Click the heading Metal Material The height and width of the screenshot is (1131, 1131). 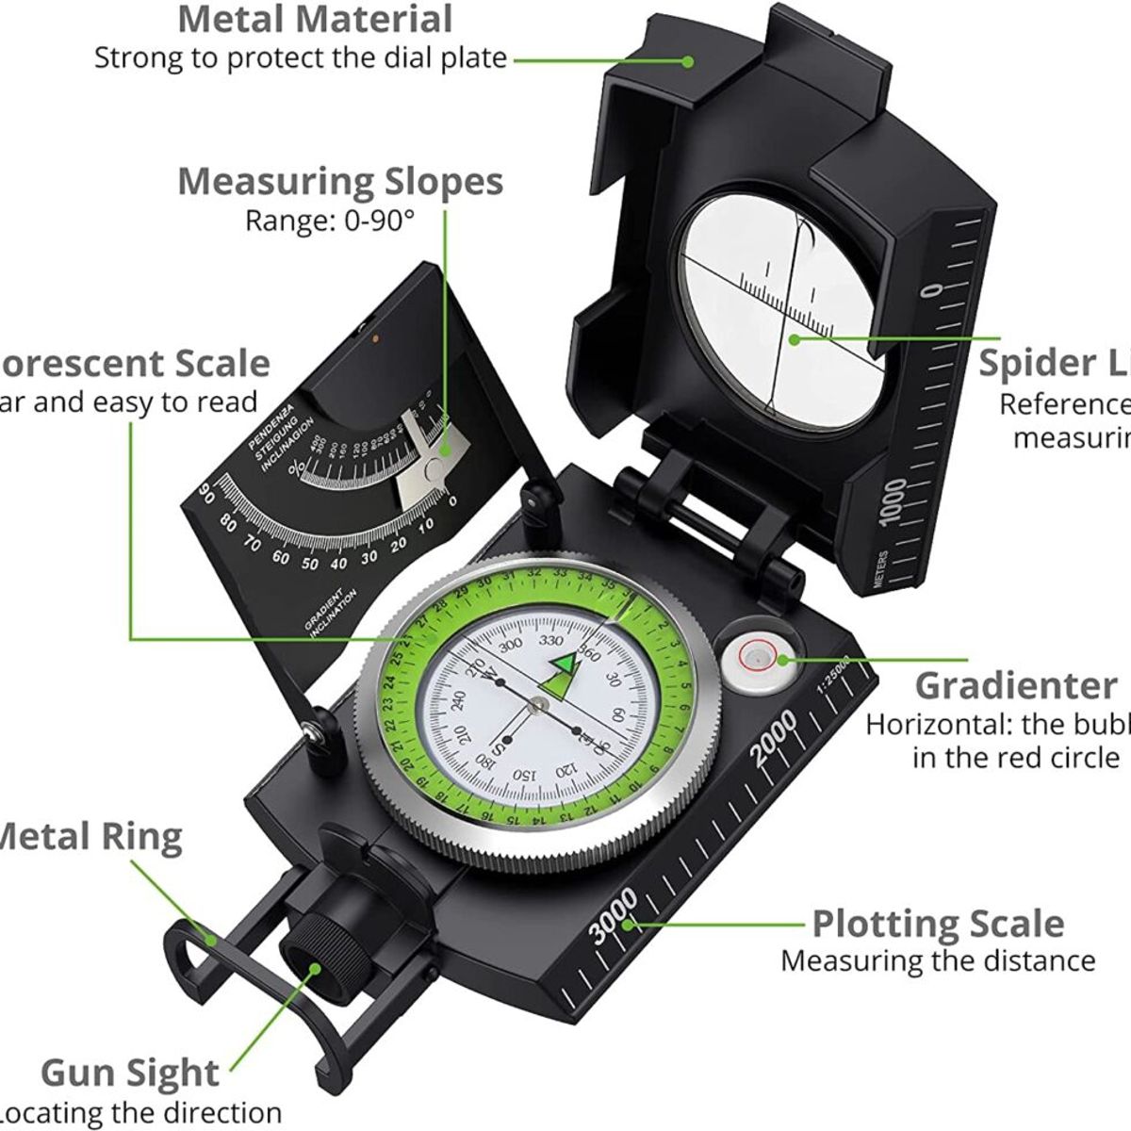click(x=315, y=19)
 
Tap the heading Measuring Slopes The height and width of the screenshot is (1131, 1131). click(x=340, y=181)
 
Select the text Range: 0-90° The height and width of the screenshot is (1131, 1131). click(x=330, y=222)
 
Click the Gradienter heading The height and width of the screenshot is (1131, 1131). click(x=1015, y=685)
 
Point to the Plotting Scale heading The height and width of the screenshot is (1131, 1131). click(x=938, y=924)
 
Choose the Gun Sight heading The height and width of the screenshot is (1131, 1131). click(x=130, y=1073)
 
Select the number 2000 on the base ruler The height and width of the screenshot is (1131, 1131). click(x=774, y=739)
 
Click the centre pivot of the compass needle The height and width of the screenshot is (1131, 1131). click(x=537, y=702)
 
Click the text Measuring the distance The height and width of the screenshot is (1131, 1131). click(x=938, y=961)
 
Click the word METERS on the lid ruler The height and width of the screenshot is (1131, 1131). click(x=880, y=569)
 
